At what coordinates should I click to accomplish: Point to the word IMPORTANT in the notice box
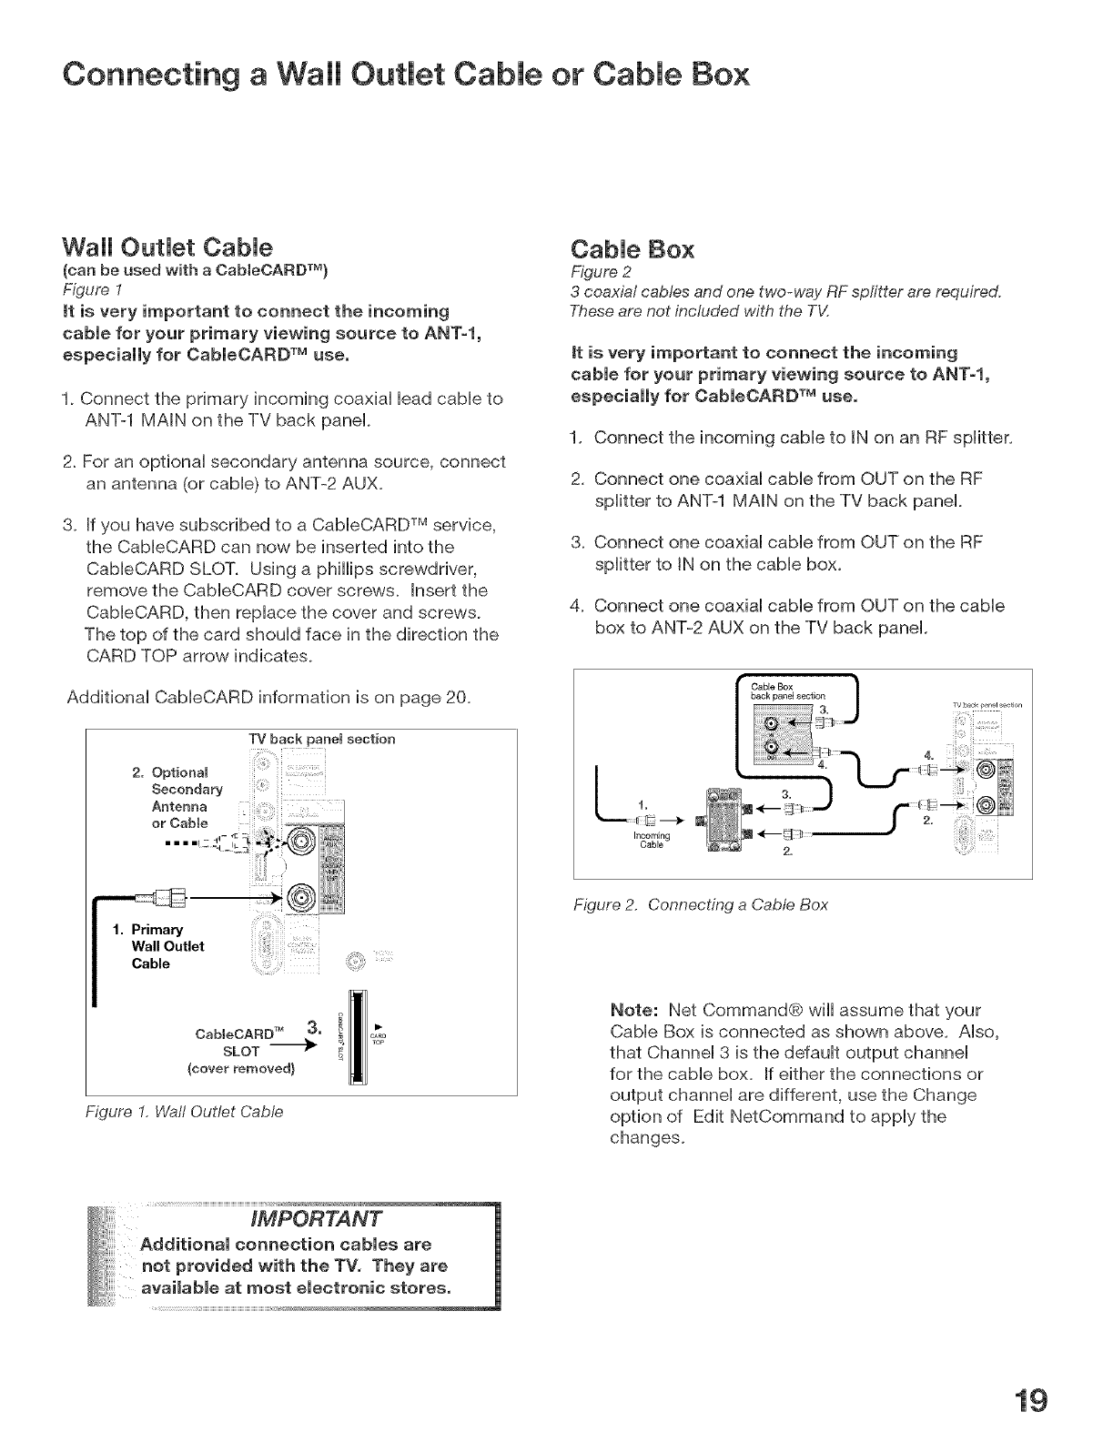[x=317, y=1218]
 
